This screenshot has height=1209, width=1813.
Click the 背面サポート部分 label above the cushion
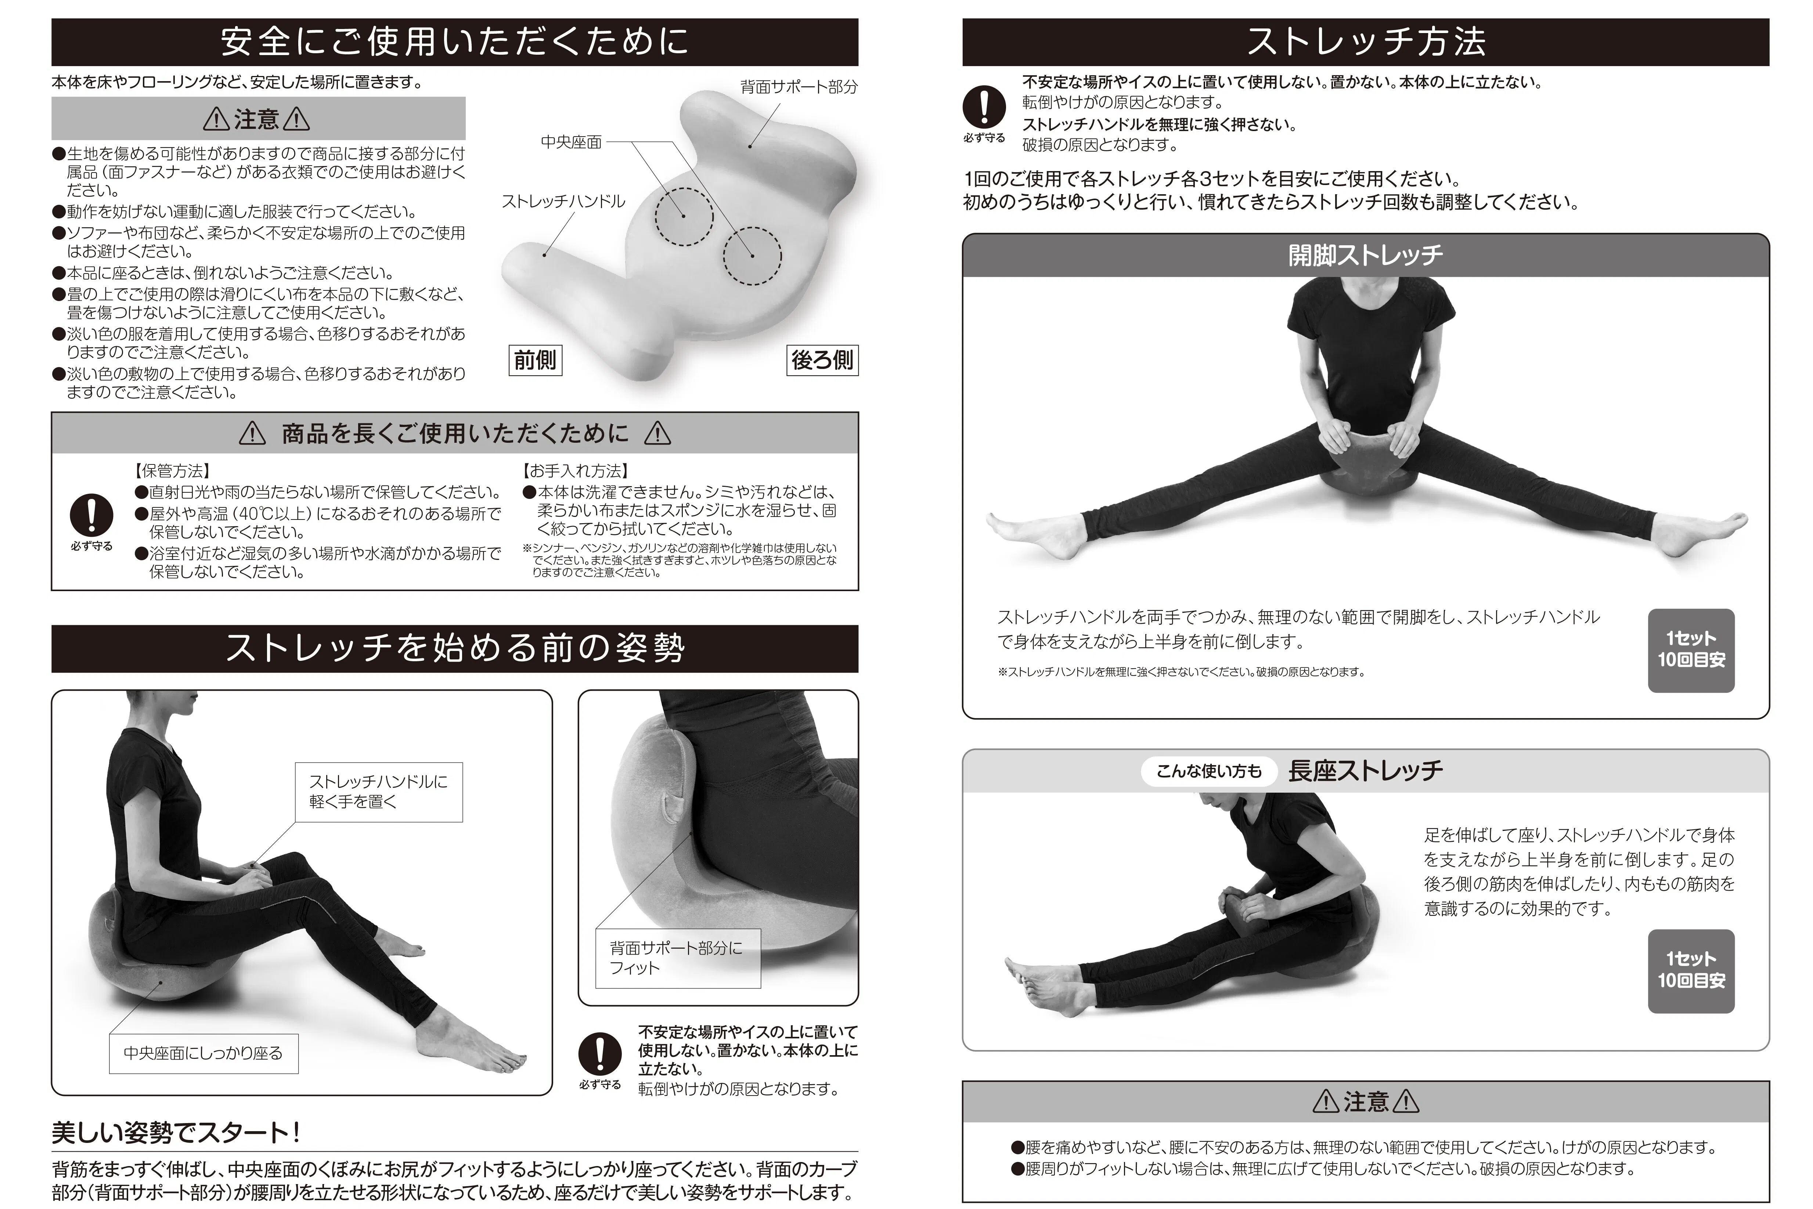point(799,87)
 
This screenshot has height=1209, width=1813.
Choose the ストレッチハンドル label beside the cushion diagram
point(563,201)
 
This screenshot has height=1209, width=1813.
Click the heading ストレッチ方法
point(1366,41)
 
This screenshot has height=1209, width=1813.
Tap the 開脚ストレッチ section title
point(1366,255)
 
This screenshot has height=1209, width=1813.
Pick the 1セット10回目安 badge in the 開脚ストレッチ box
point(1691,650)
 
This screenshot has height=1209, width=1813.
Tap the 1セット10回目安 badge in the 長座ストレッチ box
point(1691,971)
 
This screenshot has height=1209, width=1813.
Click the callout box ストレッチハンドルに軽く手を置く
point(379,792)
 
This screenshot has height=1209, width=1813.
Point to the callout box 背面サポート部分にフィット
point(678,958)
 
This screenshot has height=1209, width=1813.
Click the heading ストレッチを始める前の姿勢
point(455,648)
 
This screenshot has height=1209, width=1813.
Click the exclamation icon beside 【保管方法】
point(91,515)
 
